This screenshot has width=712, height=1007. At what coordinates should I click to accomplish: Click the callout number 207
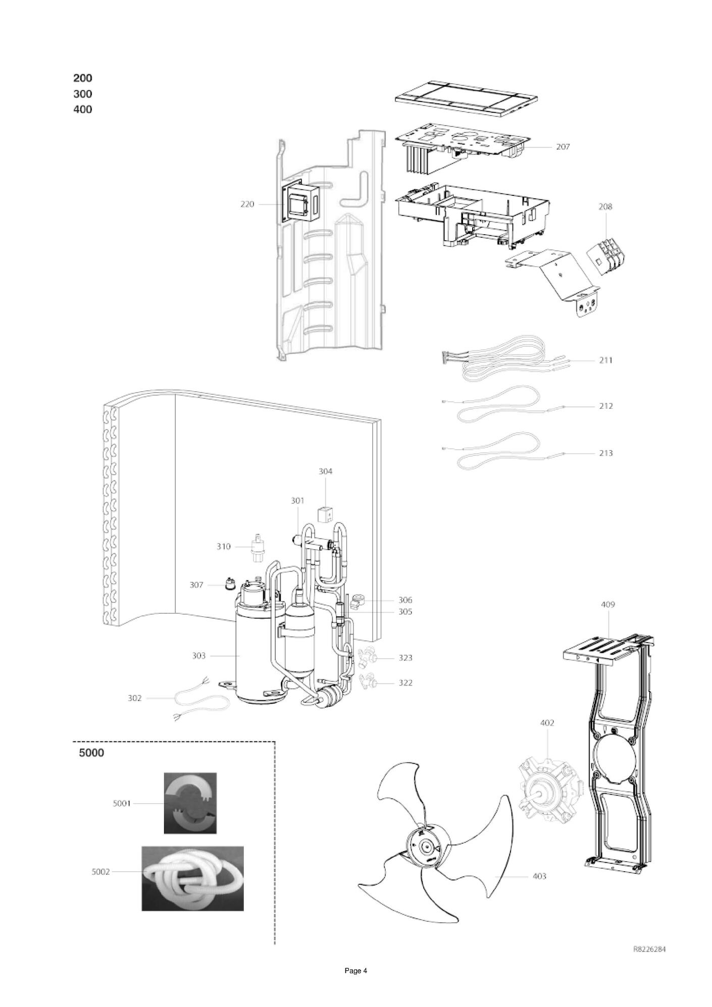point(563,147)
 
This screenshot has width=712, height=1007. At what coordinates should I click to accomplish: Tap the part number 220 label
point(247,204)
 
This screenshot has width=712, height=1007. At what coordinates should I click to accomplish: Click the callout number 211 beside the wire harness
point(606,360)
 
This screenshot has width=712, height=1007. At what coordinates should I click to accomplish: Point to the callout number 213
point(606,453)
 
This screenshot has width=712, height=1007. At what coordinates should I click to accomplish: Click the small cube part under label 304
point(324,515)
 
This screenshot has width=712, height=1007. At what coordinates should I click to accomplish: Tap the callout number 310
point(223,547)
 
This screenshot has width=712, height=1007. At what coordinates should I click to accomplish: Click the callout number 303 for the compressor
point(199,656)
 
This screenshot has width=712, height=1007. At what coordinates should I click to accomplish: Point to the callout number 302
point(134,698)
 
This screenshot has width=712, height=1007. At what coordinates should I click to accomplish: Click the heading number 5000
point(91,753)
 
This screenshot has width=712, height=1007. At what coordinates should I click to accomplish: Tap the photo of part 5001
point(190,803)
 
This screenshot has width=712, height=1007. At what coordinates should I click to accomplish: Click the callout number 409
point(608,605)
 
